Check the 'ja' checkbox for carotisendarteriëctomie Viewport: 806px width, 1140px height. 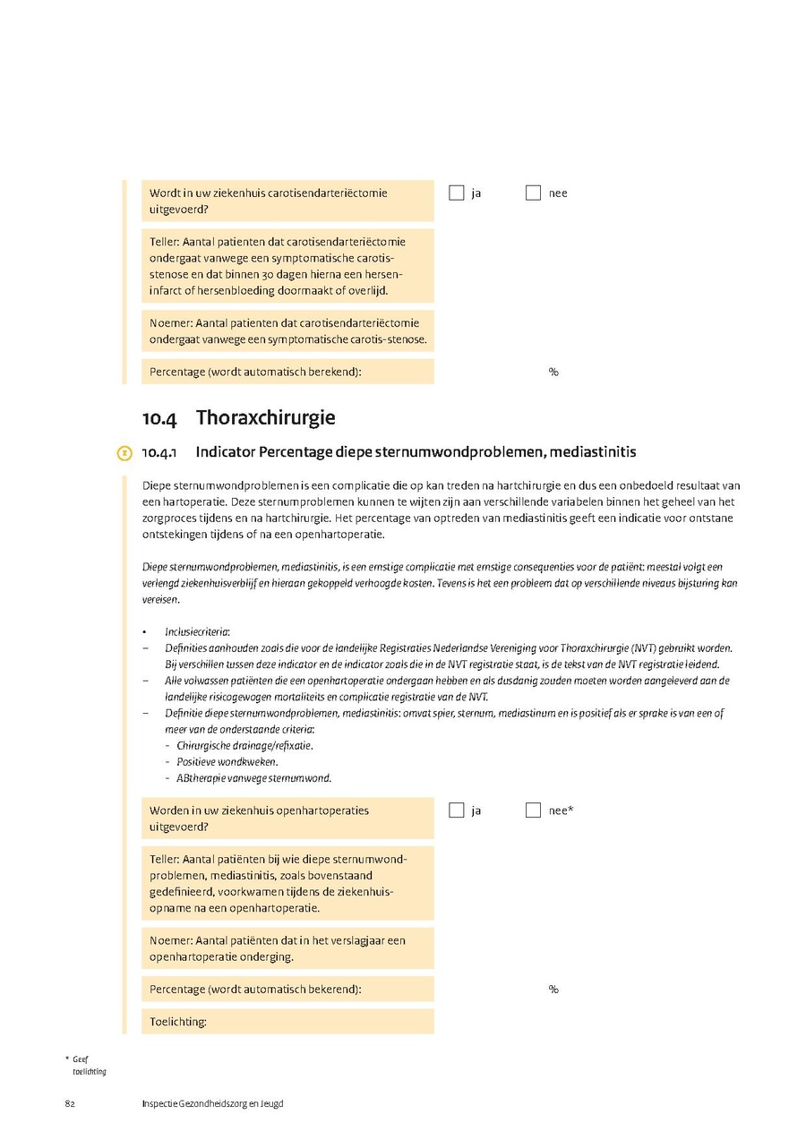457,193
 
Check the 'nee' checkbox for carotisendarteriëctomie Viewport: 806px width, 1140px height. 533,193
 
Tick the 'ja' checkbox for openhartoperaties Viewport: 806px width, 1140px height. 457,810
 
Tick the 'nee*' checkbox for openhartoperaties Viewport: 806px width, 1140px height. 533,810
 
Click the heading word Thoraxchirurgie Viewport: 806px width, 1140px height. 265,418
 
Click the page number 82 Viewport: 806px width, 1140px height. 69,1103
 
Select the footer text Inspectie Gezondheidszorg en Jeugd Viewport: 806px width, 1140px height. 212,1103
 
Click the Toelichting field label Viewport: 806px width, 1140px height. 178,1022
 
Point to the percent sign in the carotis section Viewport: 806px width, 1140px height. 553,373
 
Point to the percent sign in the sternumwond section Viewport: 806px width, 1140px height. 553,990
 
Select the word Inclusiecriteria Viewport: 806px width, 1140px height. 197,631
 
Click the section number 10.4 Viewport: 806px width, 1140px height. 159,418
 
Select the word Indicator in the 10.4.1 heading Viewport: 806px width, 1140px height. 224,452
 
